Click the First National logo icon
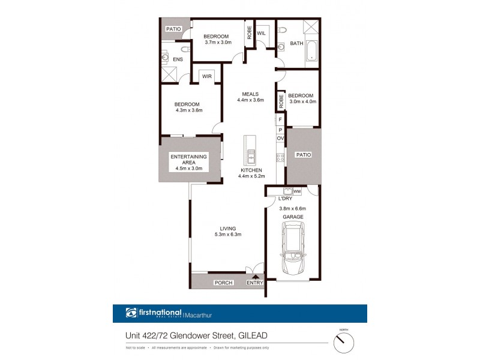coord(131,313)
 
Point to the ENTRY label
coord(255,282)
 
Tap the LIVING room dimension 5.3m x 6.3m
coord(227,235)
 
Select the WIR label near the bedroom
coord(207,77)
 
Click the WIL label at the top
coord(261,34)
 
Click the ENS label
coord(178,60)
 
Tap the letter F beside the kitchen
coord(280,120)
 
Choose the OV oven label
coord(280,138)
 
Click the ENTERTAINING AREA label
coord(188,160)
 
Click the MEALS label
coord(250,94)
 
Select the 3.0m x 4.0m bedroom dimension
coord(302,101)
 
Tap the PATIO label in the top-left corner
coord(174,28)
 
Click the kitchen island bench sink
coord(250,157)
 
